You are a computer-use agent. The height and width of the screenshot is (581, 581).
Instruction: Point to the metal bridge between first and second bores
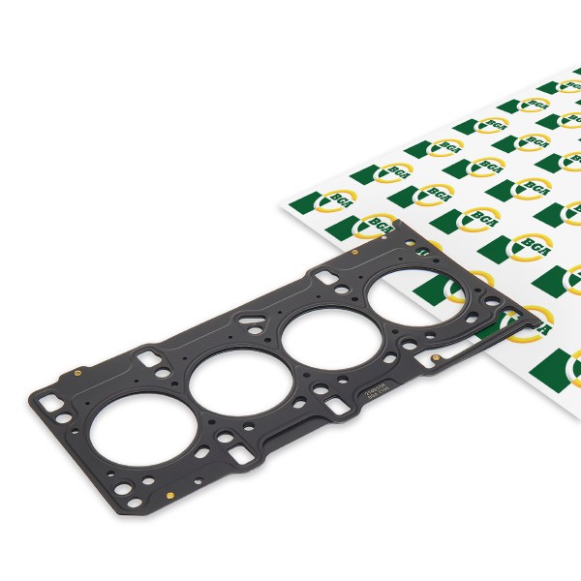point(180,407)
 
